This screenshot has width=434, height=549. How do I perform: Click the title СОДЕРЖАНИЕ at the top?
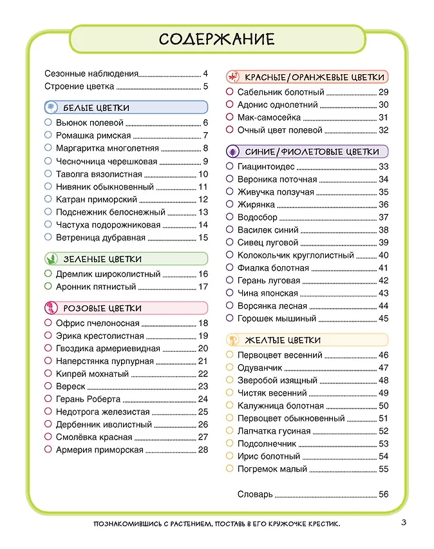click(217, 39)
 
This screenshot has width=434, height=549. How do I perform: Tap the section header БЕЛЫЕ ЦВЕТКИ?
click(96, 108)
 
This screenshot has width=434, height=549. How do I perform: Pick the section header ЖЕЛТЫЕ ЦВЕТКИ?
click(283, 340)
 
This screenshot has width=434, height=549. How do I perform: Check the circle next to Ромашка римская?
click(48, 135)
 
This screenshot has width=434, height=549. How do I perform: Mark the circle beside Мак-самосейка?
click(230, 117)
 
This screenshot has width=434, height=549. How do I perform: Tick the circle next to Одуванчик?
click(230, 367)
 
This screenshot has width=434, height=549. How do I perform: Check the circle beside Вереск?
click(48, 386)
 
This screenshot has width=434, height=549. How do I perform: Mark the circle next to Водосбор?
click(230, 217)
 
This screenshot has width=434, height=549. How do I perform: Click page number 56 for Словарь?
click(384, 494)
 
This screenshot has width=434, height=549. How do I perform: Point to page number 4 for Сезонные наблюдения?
click(205, 73)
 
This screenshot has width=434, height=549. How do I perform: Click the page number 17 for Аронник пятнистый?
click(203, 287)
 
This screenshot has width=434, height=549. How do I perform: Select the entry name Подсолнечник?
click(267, 444)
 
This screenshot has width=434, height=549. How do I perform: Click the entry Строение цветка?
click(80, 86)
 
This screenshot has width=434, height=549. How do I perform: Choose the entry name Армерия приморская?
click(100, 450)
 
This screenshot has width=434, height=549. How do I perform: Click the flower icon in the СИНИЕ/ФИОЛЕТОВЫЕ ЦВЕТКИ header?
click(234, 152)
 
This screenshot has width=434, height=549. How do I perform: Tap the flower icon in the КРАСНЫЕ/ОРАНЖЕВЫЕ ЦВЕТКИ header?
click(234, 77)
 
